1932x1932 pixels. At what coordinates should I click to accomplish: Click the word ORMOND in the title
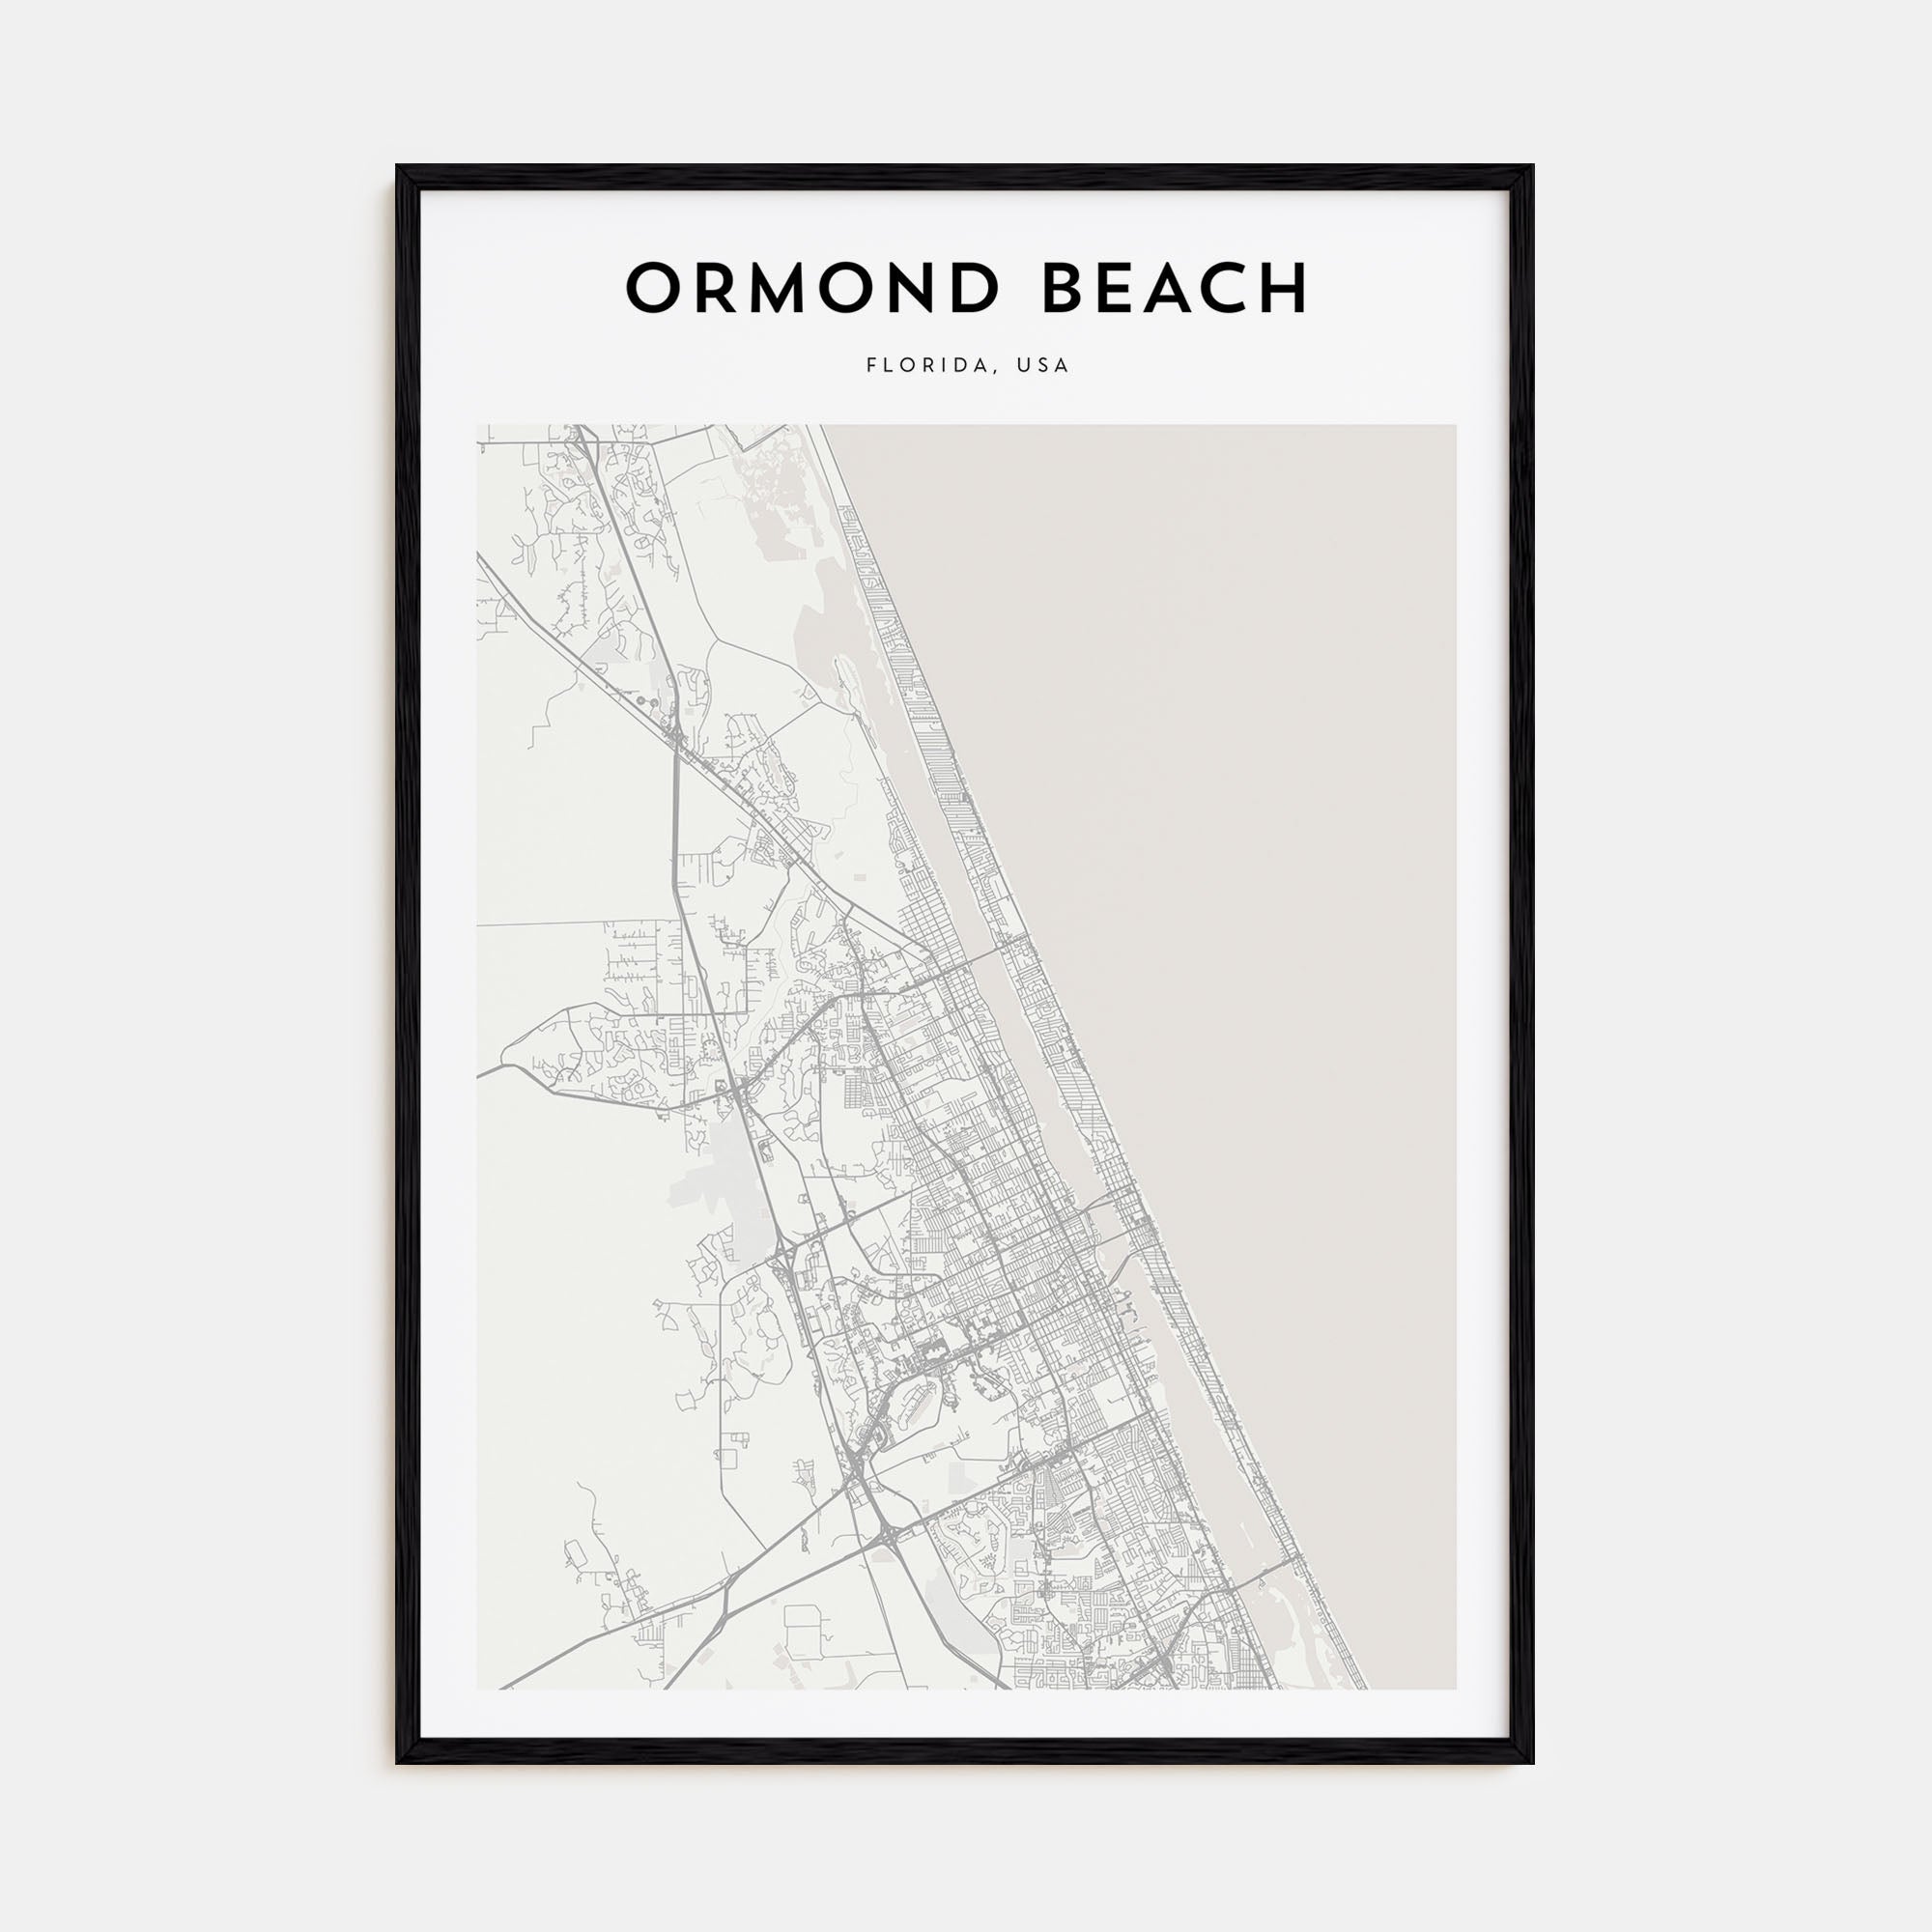(812, 289)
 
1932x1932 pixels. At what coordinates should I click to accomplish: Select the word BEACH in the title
(1175, 289)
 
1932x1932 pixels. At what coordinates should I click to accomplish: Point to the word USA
(1042, 366)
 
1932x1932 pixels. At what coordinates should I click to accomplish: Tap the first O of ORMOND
(655, 289)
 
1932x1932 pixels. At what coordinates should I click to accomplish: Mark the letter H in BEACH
(1282, 289)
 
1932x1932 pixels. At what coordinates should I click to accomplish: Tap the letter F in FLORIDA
(871, 366)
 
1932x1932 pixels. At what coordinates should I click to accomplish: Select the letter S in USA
(1042, 366)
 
